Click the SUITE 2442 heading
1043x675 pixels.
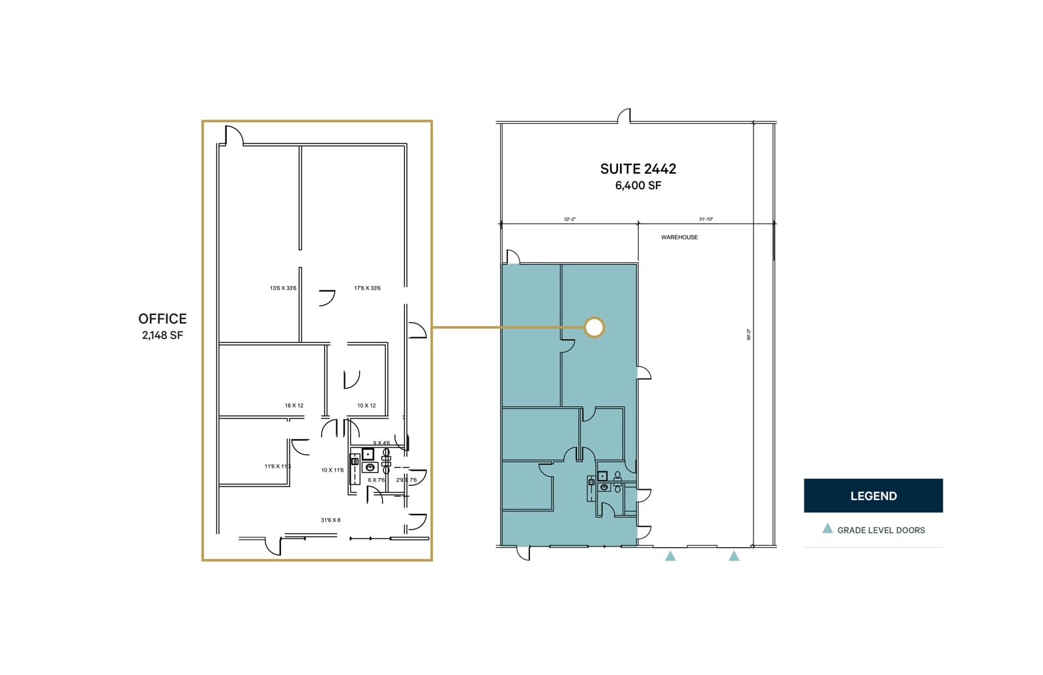click(638, 169)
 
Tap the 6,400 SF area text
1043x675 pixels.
click(638, 186)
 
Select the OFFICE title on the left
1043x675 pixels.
click(162, 319)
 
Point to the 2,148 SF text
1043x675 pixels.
click(162, 336)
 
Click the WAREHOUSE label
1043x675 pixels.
click(679, 237)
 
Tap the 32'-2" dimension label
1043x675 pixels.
click(569, 220)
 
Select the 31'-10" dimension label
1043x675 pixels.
click(706, 220)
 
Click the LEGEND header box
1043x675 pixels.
click(873, 496)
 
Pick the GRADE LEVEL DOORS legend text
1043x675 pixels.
click(881, 530)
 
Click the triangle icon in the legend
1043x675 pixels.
click(827, 529)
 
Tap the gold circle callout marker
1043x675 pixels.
click(594, 327)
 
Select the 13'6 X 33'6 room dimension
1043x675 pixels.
click(283, 288)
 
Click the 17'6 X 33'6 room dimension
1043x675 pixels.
click(367, 288)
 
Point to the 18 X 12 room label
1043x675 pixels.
click(294, 406)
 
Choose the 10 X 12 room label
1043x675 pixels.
click(366, 406)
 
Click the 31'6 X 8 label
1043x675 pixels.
click(331, 520)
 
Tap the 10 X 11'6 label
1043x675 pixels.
click(332, 470)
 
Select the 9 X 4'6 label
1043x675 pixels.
click(381, 443)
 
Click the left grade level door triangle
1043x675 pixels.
click(670, 556)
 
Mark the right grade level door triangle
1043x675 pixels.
click(734, 556)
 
